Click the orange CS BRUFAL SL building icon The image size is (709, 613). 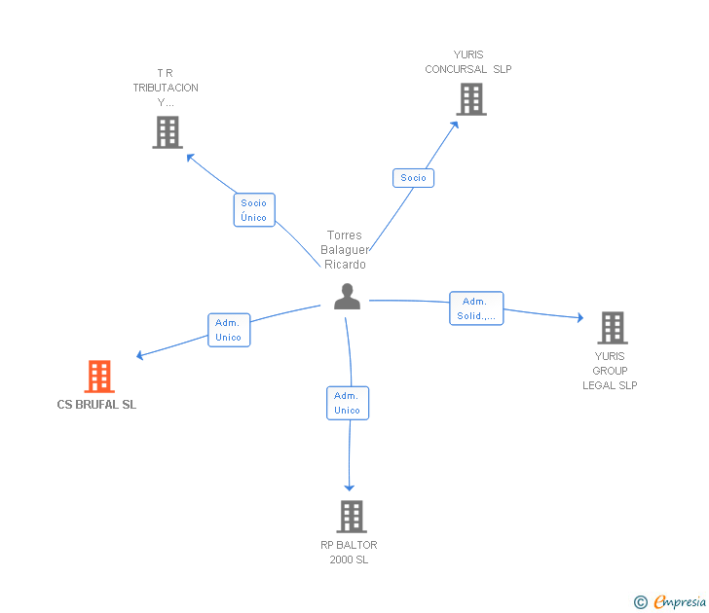pyautogui.click(x=99, y=377)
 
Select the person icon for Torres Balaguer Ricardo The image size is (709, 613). pyautogui.click(x=347, y=297)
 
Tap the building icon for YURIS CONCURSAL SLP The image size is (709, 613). pyautogui.click(x=470, y=99)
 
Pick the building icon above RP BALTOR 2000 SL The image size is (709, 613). pyautogui.click(x=351, y=517)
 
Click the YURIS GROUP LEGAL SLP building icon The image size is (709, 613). pyautogui.click(x=612, y=328)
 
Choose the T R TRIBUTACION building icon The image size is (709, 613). pyautogui.click(x=168, y=132)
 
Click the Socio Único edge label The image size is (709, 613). pyautogui.click(x=254, y=210)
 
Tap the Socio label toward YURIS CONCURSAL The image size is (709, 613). pyautogui.click(x=413, y=178)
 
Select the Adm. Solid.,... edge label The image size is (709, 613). pyautogui.click(x=476, y=308)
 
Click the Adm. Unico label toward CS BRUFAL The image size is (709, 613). pyautogui.click(x=229, y=330)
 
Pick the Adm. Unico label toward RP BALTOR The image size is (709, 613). pyautogui.click(x=348, y=403)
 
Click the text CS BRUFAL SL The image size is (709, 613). pyautogui.click(x=96, y=405)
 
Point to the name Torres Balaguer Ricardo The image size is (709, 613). pyautogui.click(x=345, y=250)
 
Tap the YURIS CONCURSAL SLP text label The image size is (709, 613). pyautogui.click(x=468, y=62)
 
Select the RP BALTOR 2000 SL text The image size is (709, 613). pyautogui.click(x=349, y=552)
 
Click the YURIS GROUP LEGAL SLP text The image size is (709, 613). pyautogui.click(x=610, y=371)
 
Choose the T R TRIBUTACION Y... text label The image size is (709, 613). pyautogui.click(x=166, y=88)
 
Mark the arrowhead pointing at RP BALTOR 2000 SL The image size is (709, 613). pyautogui.click(x=349, y=487)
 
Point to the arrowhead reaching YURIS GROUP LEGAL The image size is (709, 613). pyautogui.click(x=579, y=317)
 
